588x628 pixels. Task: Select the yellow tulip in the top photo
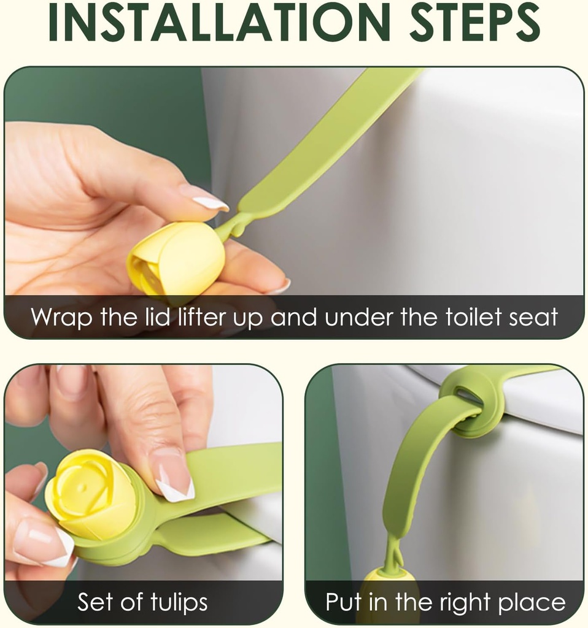click(x=176, y=261)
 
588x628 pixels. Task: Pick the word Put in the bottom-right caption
click(x=343, y=602)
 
